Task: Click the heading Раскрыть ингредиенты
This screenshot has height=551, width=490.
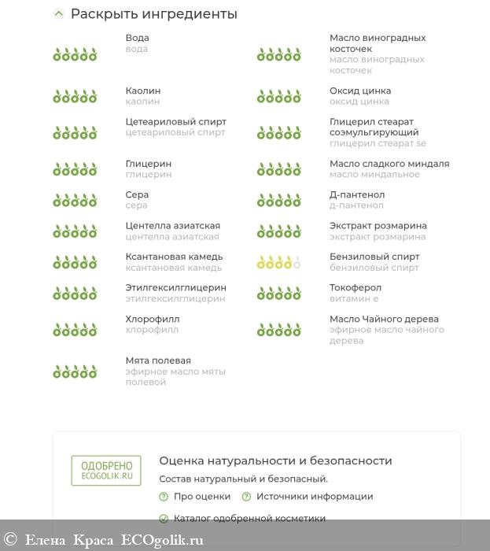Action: click(x=153, y=14)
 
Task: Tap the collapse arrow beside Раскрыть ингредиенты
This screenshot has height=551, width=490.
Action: click(x=58, y=13)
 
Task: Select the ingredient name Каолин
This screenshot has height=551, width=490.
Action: click(x=142, y=91)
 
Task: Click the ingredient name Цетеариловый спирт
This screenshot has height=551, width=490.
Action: click(x=175, y=122)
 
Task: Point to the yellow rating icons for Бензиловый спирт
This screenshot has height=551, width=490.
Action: click(x=278, y=262)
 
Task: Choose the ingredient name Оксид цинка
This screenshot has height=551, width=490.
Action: click(x=359, y=91)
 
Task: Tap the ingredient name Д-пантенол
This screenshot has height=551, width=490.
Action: click(x=357, y=194)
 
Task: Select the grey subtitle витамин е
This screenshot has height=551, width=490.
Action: click(x=354, y=299)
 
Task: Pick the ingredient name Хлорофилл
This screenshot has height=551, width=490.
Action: click(x=153, y=319)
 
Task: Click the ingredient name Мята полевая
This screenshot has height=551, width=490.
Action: click(x=158, y=361)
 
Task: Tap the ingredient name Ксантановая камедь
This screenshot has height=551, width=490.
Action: click(x=174, y=257)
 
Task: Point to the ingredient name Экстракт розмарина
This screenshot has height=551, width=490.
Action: click(x=378, y=226)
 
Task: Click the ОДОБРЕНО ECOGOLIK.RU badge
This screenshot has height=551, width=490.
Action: click(x=107, y=470)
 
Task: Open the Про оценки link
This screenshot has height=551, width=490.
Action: click(x=202, y=497)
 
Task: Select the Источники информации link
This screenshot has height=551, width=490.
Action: click(x=315, y=497)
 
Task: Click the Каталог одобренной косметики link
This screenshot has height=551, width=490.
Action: click(x=249, y=519)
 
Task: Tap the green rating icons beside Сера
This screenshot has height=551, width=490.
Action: click(x=75, y=200)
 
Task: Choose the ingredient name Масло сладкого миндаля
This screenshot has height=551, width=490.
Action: click(x=389, y=164)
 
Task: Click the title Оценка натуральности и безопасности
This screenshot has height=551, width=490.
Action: click(x=275, y=461)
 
